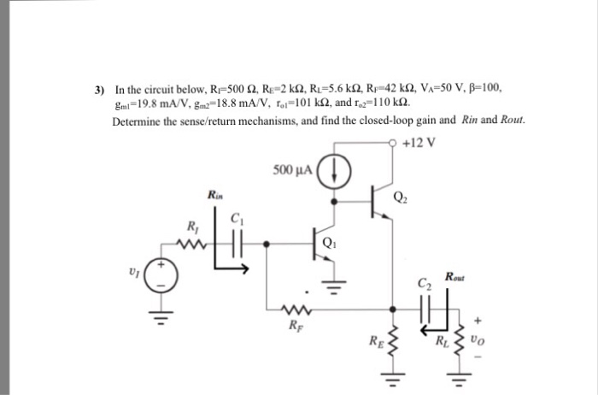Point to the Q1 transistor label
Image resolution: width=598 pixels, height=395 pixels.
pos(331,242)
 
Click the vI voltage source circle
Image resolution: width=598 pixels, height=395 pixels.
pos(167,275)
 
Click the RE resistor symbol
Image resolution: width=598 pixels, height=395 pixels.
pos(393,339)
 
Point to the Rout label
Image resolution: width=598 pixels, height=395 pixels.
pos(455,276)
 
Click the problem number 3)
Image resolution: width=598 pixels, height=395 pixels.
pos(100,87)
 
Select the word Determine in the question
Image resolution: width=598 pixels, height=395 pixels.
pos(138,119)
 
